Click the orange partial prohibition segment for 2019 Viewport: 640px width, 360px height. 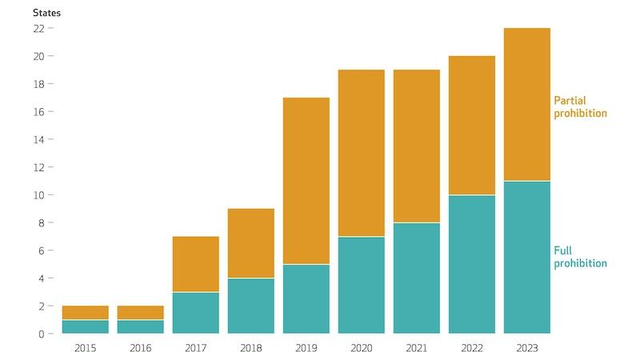306,181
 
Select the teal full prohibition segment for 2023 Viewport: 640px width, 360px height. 527,257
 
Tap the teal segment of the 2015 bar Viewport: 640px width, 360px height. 85,326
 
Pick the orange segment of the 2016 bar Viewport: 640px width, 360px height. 140,313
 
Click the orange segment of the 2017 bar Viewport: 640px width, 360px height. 195,264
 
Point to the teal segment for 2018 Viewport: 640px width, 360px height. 250,306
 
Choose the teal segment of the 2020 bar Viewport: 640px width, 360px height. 361,285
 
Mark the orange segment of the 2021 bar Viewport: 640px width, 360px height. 416,146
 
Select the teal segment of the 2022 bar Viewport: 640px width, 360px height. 472,264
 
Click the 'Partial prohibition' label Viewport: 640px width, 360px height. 580,107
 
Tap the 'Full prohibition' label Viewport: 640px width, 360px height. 580,257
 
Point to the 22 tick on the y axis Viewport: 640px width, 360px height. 38,28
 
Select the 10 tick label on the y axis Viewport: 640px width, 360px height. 38,195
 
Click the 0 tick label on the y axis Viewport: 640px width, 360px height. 41,334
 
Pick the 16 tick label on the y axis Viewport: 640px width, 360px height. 38,112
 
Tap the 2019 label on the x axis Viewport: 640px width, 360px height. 306,348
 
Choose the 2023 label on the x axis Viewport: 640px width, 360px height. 527,348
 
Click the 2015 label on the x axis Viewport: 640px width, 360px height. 85,348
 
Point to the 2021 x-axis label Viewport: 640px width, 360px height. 416,348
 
